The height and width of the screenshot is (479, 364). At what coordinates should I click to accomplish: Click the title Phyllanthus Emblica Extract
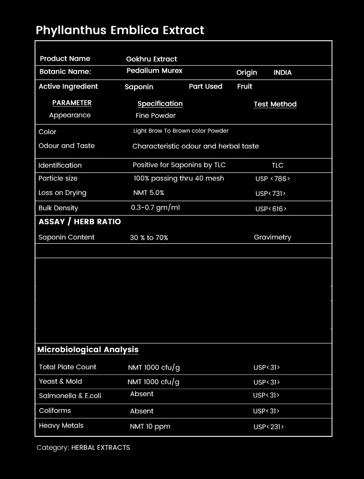[120, 30]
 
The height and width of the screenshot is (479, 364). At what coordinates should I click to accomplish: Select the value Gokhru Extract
[151, 59]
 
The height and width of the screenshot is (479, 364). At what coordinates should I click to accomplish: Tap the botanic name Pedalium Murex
[154, 70]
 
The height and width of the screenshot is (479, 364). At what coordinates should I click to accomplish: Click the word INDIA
[283, 73]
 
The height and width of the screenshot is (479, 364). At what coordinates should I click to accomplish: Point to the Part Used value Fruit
[244, 87]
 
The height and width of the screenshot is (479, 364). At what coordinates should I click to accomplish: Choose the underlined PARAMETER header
[72, 103]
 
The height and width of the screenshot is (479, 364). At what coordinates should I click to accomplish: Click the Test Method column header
[275, 104]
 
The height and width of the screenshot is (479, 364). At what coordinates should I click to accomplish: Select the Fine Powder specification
[155, 115]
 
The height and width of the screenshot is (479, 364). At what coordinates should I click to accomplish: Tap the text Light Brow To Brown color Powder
[181, 131]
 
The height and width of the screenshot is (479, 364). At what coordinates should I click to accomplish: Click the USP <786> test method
[273, 179]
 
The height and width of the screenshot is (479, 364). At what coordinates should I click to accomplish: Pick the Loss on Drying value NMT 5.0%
[148, 193]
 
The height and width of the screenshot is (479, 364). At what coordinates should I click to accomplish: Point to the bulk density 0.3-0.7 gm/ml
[155, 208]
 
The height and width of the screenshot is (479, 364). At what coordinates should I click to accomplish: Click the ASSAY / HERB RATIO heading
[80, 222]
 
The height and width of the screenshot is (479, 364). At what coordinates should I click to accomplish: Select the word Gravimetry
[272, 237]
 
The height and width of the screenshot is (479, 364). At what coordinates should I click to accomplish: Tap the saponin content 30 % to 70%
[149, 238]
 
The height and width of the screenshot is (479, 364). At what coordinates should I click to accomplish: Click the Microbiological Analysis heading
[88, 350]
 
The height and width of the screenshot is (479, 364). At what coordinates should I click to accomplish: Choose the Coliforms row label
[55, 411]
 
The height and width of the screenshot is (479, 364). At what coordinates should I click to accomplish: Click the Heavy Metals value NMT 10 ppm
[150, 426]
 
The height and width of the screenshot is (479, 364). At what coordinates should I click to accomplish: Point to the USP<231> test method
[268, 427]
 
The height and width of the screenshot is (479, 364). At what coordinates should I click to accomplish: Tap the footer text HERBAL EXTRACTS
[101, 447]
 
